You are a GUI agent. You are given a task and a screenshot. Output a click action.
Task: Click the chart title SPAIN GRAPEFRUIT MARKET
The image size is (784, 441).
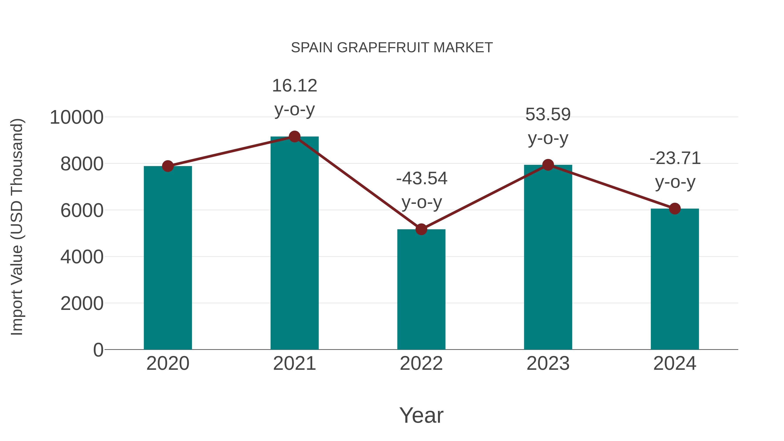pos(392,48)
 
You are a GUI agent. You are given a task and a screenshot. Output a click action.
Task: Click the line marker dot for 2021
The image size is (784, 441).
pos(294,137)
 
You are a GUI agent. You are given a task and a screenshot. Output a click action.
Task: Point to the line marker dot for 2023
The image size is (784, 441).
pos(548,165)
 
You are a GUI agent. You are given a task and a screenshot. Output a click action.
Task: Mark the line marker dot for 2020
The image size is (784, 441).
pos(168,166)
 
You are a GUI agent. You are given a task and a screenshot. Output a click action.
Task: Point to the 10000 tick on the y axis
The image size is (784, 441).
pos(76,117)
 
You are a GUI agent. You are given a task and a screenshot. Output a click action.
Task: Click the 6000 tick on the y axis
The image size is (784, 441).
pos(82,211)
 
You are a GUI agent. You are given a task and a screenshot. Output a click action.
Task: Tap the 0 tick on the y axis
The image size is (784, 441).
pos(98,350)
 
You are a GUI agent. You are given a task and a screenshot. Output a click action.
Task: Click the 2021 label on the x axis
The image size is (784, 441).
pos(294,363)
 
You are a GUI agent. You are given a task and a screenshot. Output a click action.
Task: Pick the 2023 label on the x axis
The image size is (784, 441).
pos(548,363)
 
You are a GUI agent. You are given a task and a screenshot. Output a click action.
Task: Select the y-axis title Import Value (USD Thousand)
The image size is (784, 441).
pos(17,227)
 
